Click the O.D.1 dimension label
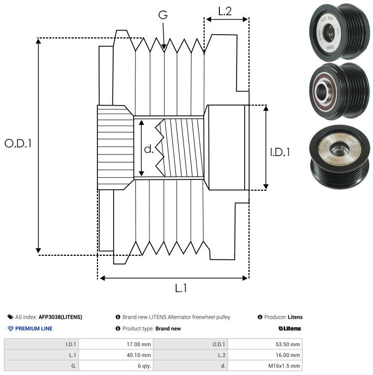(18, 144)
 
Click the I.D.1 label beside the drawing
(280, 152)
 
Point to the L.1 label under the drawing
(180, 288)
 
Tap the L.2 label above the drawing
(225, 11)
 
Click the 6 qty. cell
(143, 366)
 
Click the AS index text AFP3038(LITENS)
(60, 317)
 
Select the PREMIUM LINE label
(34, 328)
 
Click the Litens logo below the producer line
(290, 328)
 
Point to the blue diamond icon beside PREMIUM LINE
(10, 328)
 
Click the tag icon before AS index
(10, 317)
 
